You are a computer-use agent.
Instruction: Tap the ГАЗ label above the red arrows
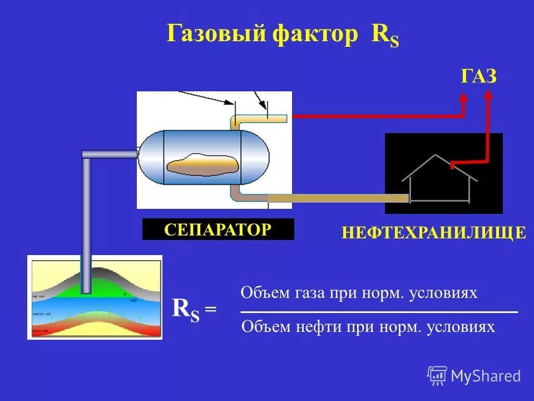[x=478, y=76]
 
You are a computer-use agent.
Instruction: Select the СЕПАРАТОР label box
[x=218, y=229]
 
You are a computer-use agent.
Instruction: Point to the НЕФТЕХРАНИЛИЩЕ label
[x=434, y=232]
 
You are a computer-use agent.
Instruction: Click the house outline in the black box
[x=439, y=178]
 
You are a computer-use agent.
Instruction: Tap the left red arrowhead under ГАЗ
[x=463, y=97]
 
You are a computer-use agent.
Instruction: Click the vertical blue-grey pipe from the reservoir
[x=86, y=223]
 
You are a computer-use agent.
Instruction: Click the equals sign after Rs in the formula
[x=211, y=310]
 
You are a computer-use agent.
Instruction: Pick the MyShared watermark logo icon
[x=437, y=375]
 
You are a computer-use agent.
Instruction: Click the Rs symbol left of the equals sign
[x=186, y=309]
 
